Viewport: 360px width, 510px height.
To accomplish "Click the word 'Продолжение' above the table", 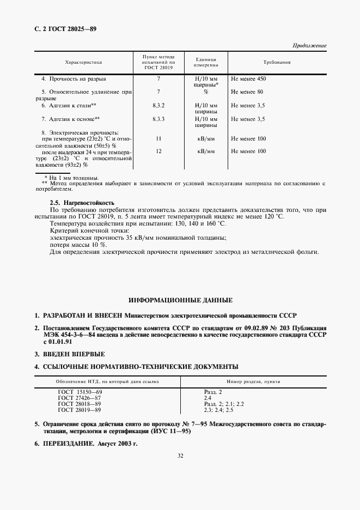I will (309, 46).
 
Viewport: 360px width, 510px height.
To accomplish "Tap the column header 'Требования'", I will (277, 63).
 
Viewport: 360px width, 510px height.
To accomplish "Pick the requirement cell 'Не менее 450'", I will (248, 79).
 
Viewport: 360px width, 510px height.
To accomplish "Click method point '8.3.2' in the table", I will (158, 105).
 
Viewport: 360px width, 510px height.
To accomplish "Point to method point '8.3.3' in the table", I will (158, 118).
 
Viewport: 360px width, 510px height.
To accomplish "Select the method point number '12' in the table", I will (158, 151).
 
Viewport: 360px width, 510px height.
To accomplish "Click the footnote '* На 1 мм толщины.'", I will (71, 178).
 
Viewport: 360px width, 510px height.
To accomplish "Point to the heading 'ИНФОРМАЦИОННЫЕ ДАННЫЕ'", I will (180, 300).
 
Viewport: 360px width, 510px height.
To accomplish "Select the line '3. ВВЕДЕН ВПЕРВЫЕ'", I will (70, 354).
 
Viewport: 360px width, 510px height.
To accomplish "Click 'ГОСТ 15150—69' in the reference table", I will (80, 392).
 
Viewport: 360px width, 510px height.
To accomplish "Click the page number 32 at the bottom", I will (180, 472).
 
